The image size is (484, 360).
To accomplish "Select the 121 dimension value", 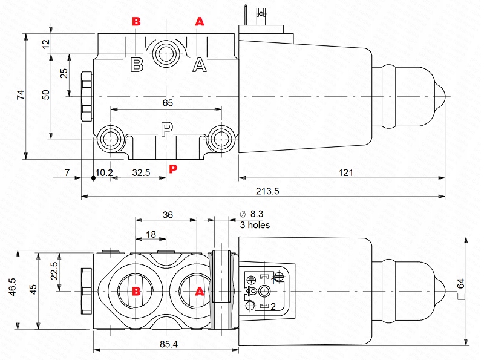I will pyautogui.click(x=345, y=172).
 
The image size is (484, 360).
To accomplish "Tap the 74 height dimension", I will pyautogui.click(x=20, y=94).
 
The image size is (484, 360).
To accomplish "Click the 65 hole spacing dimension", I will pyautogui.click(x=168, y=103).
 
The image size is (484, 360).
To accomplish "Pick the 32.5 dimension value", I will pyautogui.click(x=141, y=172).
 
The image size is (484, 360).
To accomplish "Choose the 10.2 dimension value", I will pyautogui.click(x=105, y=172).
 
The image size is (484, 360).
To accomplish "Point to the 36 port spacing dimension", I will pyautogui.click(x=168, y=214).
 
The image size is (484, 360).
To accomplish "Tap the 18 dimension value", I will pyautogui.click(x=151, y=234).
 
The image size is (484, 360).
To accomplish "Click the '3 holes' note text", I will pyautogui.click(x=255, y=225).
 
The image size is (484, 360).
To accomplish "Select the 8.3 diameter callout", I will pyautogui.click(x=252, y=214).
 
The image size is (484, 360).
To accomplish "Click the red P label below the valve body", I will pyautogui.click(x=173, y=169).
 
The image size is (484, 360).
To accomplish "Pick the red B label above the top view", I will pyautogui.click(x=137, y=22).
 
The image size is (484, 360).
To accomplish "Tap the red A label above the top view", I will pyautogui.click(x=200, y=22).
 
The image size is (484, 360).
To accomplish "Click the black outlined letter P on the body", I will pyautogui.click(x=167, y=128).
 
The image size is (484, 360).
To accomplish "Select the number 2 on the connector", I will pyautogui.click(x=273, y=307).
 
